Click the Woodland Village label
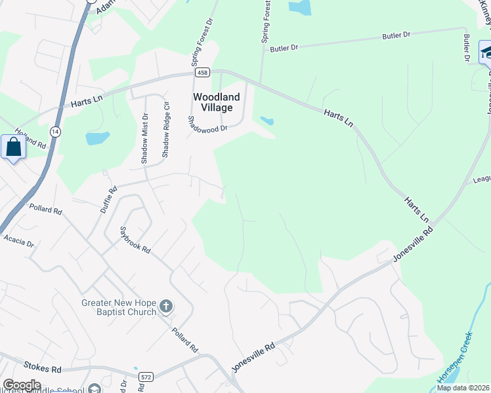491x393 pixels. [216, 102]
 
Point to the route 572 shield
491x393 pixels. [146, 377]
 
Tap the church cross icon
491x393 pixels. [166, 305]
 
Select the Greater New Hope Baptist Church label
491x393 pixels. [119, 307]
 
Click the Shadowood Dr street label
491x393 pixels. [207, 124]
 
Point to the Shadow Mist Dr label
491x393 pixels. [145, 138]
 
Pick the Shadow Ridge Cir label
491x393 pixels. [165, 129]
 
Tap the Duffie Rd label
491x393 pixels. [108, 199]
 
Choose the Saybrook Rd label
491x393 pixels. [135, 240]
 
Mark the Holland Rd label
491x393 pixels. [31, 137]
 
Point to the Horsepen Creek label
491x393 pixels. [455, 358]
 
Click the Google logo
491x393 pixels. [21, 385]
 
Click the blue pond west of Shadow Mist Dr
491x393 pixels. [97, 138]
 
